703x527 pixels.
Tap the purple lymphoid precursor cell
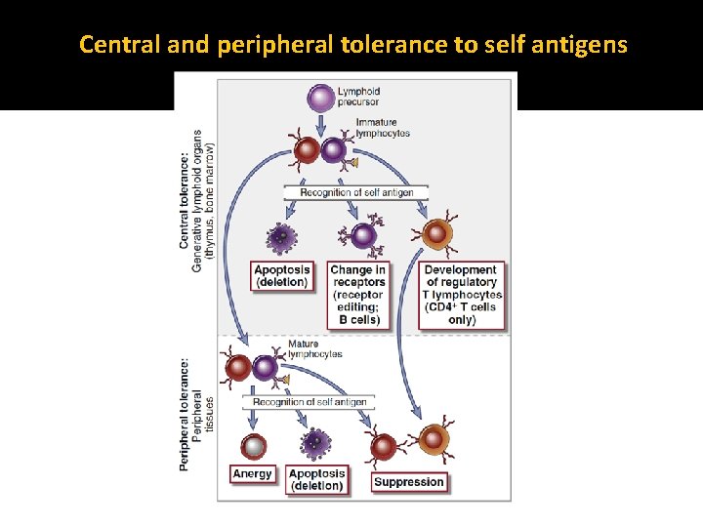click(319, 98)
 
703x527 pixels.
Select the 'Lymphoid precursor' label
click(359, 97)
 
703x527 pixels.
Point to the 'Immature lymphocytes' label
click(383, 127)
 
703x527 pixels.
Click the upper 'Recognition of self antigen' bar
click(356, 192)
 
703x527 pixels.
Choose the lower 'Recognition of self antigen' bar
click(310, 402)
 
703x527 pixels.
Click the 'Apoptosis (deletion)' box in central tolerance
click(281, 276)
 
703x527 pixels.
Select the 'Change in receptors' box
click(357, 295)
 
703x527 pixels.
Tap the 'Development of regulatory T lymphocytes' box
click(462, 295)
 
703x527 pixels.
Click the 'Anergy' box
click(252, 474)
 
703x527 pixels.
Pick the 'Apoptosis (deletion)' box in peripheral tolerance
click(316, 479)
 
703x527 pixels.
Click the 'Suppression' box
click(409, 481)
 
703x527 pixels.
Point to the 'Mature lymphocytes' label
click(314, 349)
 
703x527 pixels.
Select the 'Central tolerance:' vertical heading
click(185, 199)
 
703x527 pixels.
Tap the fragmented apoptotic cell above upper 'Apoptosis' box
click(281, 237)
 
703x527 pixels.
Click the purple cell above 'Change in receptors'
click(362, 235)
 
